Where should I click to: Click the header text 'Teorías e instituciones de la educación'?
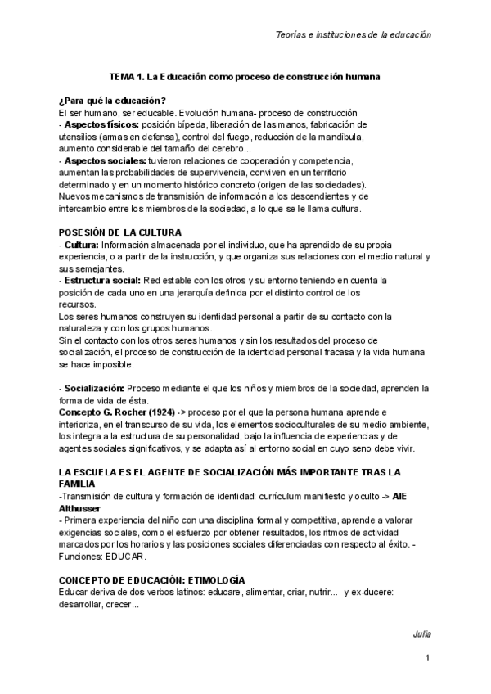point(352,35)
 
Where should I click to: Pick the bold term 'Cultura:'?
point(82,245)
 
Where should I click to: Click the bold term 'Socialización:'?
point(94,387)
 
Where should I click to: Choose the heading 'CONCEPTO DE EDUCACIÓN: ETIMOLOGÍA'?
point(151,579)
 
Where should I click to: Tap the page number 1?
point(427,660)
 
